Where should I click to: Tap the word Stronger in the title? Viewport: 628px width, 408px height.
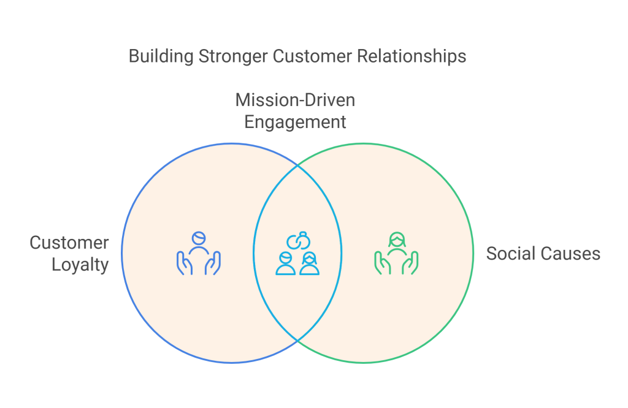click(x=233, y=56)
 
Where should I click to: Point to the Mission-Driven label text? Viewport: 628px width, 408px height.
click(x=295, y=99)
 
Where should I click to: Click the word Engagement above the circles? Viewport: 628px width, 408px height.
click(x=295, y=121)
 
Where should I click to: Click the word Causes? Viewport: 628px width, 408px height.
click(x=568, y=253)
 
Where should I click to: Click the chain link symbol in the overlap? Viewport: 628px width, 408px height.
click(x=297, y=241)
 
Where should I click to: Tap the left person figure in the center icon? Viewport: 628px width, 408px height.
click(x=286, y=264)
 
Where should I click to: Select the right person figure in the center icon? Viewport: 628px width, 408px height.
click(x=309, y=264)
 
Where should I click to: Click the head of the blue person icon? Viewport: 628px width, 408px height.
click(x=198, y=238)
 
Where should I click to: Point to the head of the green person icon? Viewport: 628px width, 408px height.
click(x=396, y=238)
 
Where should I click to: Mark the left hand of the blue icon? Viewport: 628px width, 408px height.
click(x=182, y=263)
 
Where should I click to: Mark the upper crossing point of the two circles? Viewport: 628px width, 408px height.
click(x=297, y=166)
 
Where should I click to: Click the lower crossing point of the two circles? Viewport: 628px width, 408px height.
click(x=297, y=340)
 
